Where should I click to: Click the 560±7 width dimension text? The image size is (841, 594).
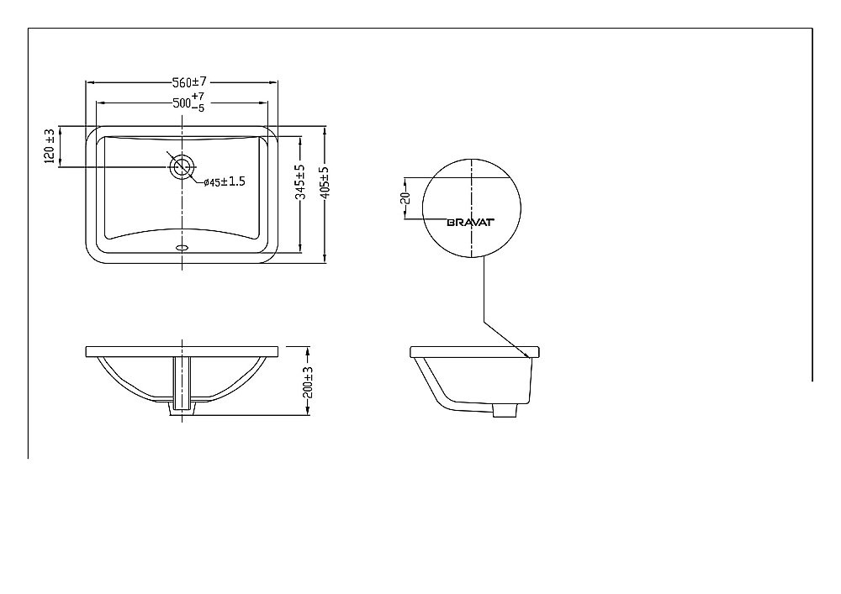point(189,81)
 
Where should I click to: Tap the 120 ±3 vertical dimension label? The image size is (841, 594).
point(50,145)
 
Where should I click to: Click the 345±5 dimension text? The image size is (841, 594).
point(300,181)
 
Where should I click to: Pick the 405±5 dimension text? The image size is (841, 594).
point(325,181)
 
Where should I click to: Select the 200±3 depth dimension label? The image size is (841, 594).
point(309,382)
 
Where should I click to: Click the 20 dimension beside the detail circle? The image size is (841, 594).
point(405,198)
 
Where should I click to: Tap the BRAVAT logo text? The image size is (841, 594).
point(469,222)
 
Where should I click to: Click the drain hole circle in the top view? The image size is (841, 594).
point(182,166)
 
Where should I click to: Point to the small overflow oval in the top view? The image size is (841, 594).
point(182,248)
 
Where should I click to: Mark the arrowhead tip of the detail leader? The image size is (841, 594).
point(528,356)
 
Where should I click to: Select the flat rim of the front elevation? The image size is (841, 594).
point(182,351)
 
